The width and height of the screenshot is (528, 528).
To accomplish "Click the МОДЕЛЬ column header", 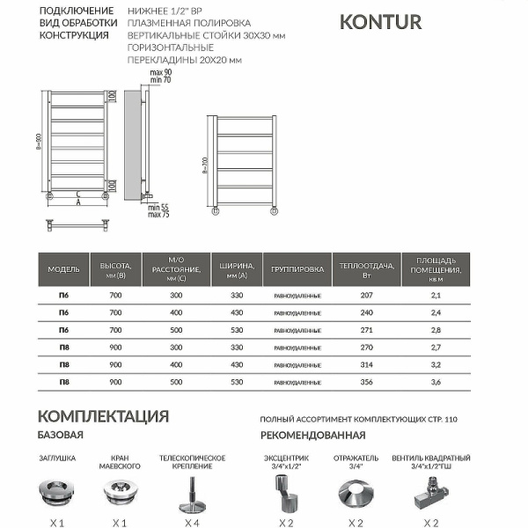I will pyautogui.click(x=64, y=268).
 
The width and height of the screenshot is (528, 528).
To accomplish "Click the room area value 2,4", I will pyautogui.click(x=436, y=312).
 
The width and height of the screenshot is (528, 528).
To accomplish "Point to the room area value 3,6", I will pyautogui.click(x=436, y=383).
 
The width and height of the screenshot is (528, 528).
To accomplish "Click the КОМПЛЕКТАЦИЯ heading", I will pyautogui.click(x=103, y=416).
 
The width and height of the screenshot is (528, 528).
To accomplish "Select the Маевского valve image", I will pyautogui.click(x=121, y=491).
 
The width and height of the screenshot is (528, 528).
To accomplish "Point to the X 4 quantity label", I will pyautogui.click(x=192, y=523).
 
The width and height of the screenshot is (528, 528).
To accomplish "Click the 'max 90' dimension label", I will pyautogui.click(x=160, y=72).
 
